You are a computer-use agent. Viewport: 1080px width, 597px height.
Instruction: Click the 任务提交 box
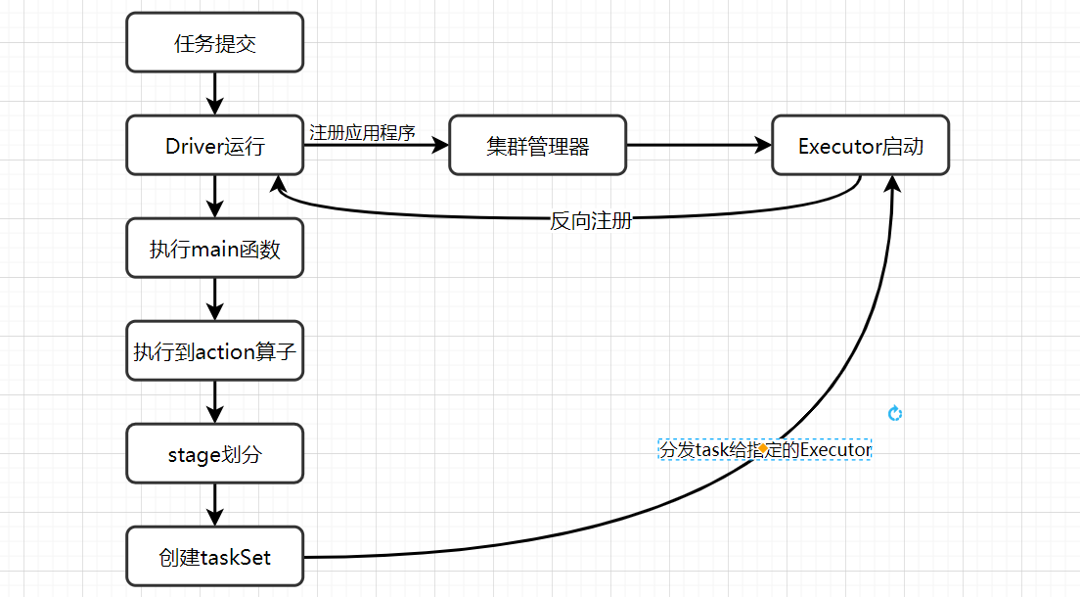(x=215, y=42)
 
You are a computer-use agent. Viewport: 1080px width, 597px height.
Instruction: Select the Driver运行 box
(x=215, y=146)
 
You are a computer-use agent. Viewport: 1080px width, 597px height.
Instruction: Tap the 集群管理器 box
(x=537, y=146)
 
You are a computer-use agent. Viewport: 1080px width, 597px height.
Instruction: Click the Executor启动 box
(x=860, y=146)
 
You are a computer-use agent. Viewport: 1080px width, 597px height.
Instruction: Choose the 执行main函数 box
(x=215, y=249)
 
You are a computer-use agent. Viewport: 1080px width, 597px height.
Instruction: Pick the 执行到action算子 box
(x=215, y=351)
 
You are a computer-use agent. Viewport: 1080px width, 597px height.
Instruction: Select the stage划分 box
(x=215, y=454)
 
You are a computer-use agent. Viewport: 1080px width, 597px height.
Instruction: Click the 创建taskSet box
(x=215, y=557)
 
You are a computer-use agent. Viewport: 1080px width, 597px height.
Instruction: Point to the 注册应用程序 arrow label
(x=362, y=132)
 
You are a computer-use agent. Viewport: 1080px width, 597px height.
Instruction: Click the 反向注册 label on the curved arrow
(x=590, y=220)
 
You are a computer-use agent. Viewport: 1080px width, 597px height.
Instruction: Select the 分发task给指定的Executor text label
(x=764, y=449)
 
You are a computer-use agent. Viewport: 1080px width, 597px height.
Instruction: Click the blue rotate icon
(x=894, y=414)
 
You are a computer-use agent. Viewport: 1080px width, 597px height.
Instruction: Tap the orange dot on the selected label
(x=762, y=448)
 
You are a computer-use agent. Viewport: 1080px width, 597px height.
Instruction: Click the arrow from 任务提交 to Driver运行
(x=215, y=94)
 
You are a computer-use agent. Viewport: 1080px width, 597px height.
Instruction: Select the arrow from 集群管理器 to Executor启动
(x=698, y=146)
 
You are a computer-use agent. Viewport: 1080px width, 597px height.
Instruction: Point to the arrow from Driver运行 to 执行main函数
(x=215, y=197)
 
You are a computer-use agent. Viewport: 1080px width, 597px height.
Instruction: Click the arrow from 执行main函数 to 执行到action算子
(x=215, y=299)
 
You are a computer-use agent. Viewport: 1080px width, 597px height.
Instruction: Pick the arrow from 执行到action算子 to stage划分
(x=215, y=402)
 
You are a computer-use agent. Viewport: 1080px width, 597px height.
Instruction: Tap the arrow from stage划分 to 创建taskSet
(x=215, y=505)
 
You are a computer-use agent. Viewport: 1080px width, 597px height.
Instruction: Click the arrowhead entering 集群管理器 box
(x=438, y=146)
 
